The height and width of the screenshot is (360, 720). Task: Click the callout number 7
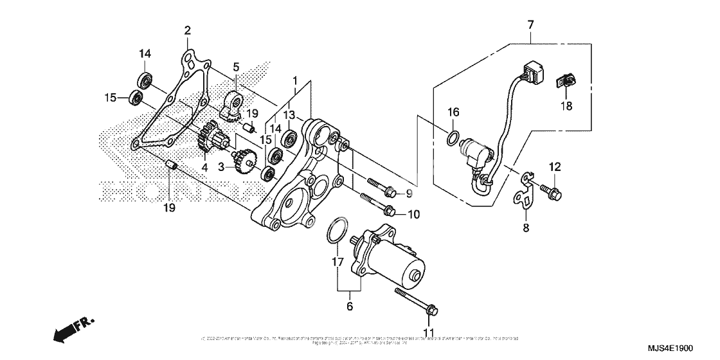pyautogui.click(x=530, y=25)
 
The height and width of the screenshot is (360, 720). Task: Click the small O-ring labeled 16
pyautogui.click(x=453, y=137)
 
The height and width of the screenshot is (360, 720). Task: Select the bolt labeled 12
pyautogui.click(x=550, y=190)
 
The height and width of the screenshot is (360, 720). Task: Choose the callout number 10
pyautogui.click(x=413, y=213)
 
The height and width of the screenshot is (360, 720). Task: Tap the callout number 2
pyautogui.click(x=187, y=30)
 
